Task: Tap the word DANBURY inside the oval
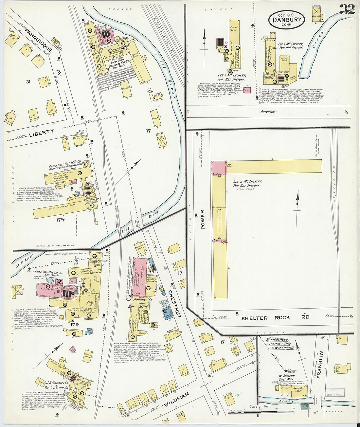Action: [x=286, y=20]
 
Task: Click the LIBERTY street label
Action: [x=41, y=132]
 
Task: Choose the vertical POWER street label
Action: [x=203, y=219]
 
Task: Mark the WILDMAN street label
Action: [x=176, y=400]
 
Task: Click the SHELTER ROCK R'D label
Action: [x=275, y=317]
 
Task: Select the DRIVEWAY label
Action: [x=268, y=112]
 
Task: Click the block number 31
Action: [x=28, y=81]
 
